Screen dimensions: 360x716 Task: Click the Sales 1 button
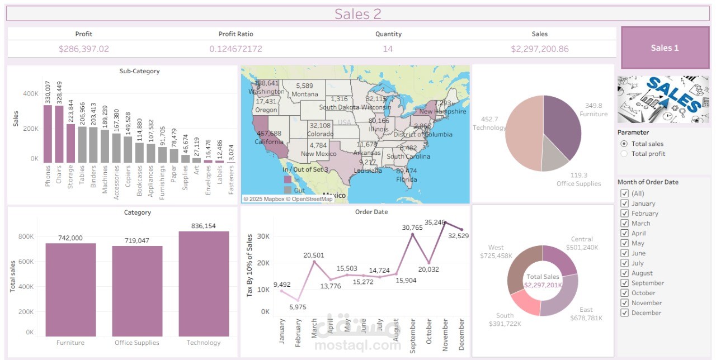click(x=665, y=48)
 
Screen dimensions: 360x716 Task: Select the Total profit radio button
click(x=624, y=154)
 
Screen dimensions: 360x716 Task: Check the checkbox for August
click(x=624, y=273)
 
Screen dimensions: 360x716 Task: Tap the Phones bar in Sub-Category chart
click(x=48, y=134)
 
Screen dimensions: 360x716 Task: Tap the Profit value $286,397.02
click(x=84, y=49)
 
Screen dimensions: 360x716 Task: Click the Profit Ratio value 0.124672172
click(x=235, y=49)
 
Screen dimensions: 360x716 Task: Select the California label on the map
click(x=269, y=141)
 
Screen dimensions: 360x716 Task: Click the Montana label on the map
click(x=305, y=94)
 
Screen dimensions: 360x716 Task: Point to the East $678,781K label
click(x=586, y=314)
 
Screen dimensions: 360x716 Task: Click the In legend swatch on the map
click(x=288, y=179)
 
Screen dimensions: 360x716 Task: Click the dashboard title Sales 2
click(x=357, y=14)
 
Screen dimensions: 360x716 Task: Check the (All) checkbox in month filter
click(x=624, y=193)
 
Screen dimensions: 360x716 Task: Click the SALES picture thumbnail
click(x=664, y=100)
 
